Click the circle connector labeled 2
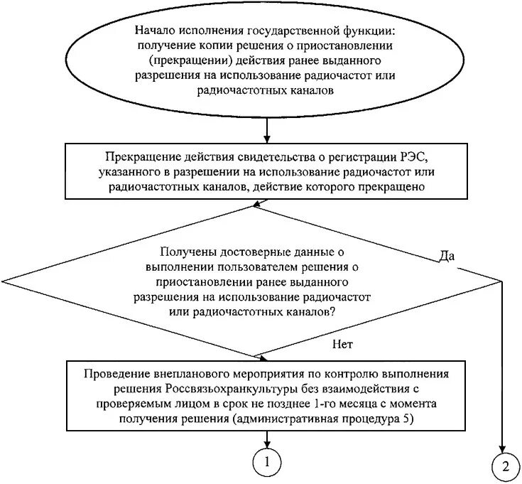(x=505, y=467)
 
